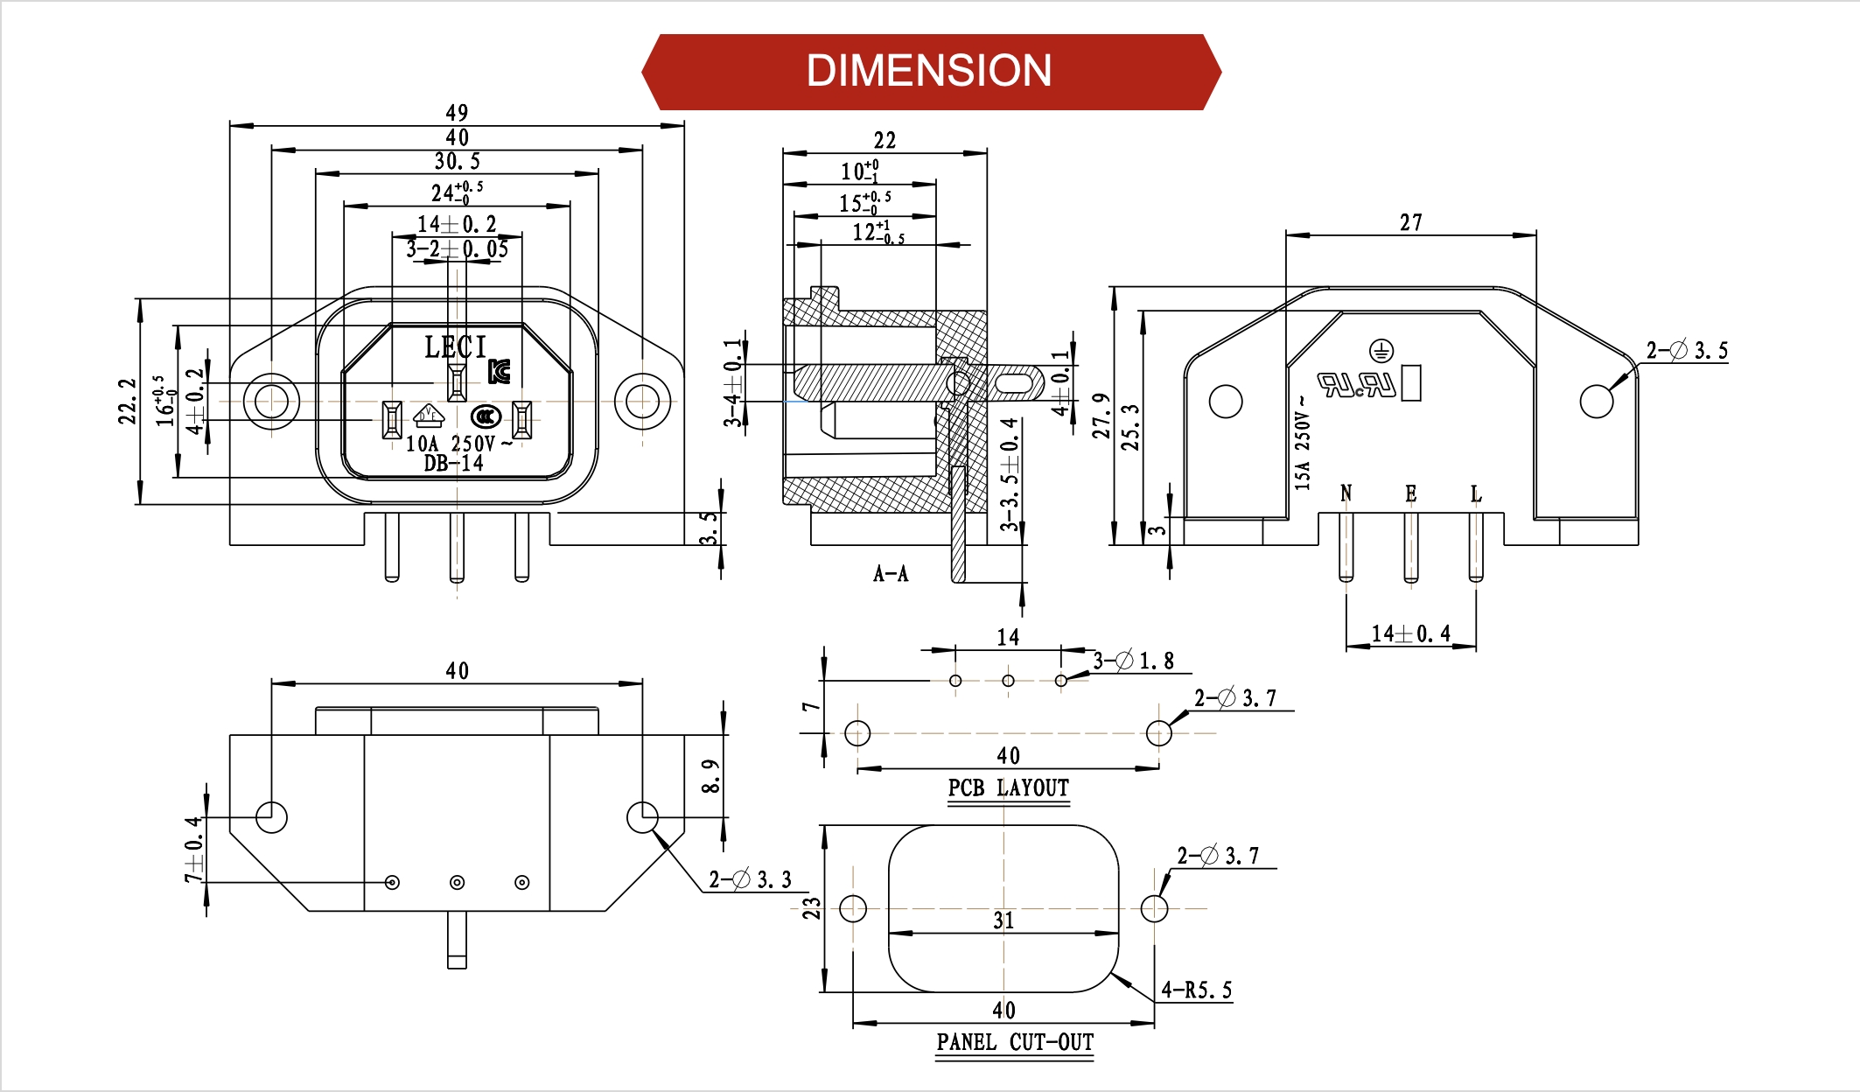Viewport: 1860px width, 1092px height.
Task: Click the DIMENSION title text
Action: click(x=928, y=71)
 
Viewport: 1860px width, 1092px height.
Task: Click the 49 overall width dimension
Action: click(x=457, y=113)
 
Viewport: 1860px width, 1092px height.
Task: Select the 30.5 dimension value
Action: click(x=458, y=161)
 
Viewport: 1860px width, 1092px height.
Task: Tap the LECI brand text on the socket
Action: click(x=455, y=347)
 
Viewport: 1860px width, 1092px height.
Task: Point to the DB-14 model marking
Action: click(x=453, y=464)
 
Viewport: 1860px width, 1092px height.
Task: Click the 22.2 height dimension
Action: click(x=128, y=402)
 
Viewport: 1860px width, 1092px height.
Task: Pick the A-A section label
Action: click(x=891, y=574)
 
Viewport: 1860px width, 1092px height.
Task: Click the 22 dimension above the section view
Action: click(x=885, y=140)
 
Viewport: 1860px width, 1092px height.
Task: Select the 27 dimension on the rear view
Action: click(x=1410, y=223)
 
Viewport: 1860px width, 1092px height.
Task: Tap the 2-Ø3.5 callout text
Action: click(x=1687, y=351)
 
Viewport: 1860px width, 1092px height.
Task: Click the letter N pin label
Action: click(x=1346, y=494)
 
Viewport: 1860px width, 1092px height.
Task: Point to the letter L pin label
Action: click(x=1476, y=494)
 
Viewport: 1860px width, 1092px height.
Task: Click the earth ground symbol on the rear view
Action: click(x=1381, y=352)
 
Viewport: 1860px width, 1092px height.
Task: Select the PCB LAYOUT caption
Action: click(x=1008, y=788)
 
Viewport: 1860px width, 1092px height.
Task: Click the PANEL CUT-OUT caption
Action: click(x=1015, y=1042)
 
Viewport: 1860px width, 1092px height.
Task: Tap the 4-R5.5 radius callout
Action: click(x=1196, y=990)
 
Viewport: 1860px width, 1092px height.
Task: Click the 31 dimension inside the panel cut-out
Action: click(x=1003, y=920)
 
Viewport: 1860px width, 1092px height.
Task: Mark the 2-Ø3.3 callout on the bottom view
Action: click(x=750, y=879)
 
